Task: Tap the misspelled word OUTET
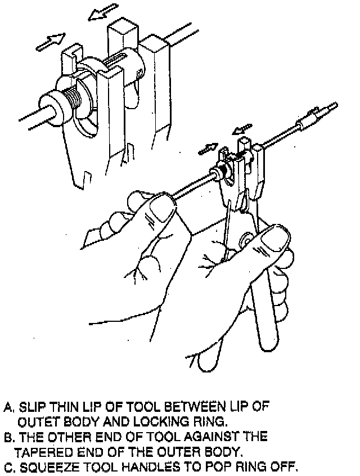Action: coord(37,421)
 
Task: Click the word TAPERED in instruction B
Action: coord(39,452)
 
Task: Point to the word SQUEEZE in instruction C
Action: coord(42,467)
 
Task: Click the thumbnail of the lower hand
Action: coord(274,239)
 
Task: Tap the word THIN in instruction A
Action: coord(61,406)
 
